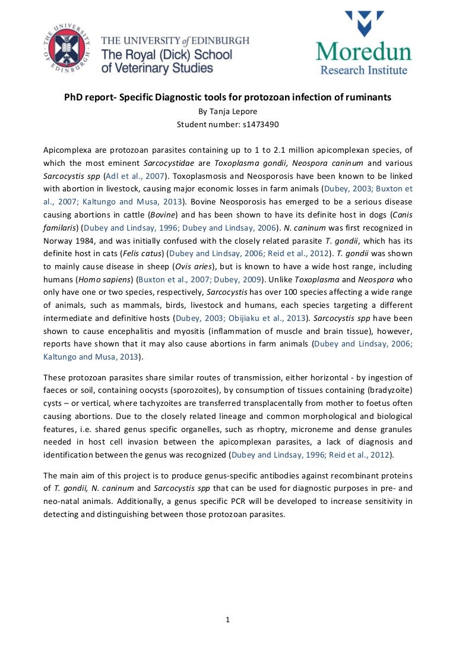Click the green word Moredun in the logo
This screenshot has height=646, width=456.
coord(363,52)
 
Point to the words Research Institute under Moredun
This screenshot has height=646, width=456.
coord(364,70)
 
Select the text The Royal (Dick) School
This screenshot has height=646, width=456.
coord(166,55)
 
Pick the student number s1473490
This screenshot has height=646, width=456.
coord(257,125)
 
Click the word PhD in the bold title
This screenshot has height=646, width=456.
coord(74,96)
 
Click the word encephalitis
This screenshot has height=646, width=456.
coord(135,331)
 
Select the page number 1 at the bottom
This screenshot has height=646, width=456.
coord(228,620)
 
